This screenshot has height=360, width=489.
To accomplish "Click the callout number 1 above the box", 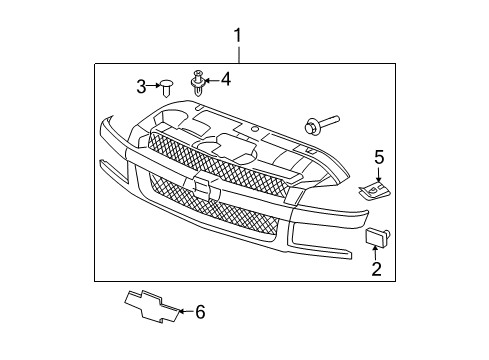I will coord(238,37).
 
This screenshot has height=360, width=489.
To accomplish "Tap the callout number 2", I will coord(376,268).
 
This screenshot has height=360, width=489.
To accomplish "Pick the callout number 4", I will coord(226,78).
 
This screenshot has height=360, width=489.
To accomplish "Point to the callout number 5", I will coord(379,156).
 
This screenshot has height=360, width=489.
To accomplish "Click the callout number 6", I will coord(199,313).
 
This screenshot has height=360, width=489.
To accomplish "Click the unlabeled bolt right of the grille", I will coord(316,126).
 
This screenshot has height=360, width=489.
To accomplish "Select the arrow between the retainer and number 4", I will coord(214,79).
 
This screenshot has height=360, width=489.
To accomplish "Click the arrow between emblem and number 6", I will coord(184,313).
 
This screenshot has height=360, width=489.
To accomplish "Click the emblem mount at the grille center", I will coord(206,186).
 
